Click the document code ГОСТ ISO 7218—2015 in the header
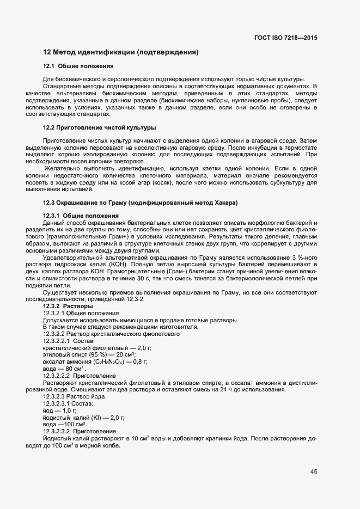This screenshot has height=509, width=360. (285, 38)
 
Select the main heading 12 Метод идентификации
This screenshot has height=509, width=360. (120, 53)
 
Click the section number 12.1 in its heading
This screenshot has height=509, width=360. (50, 66)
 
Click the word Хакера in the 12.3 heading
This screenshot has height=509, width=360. (227, 203)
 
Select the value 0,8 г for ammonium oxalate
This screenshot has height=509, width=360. (139, 361)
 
